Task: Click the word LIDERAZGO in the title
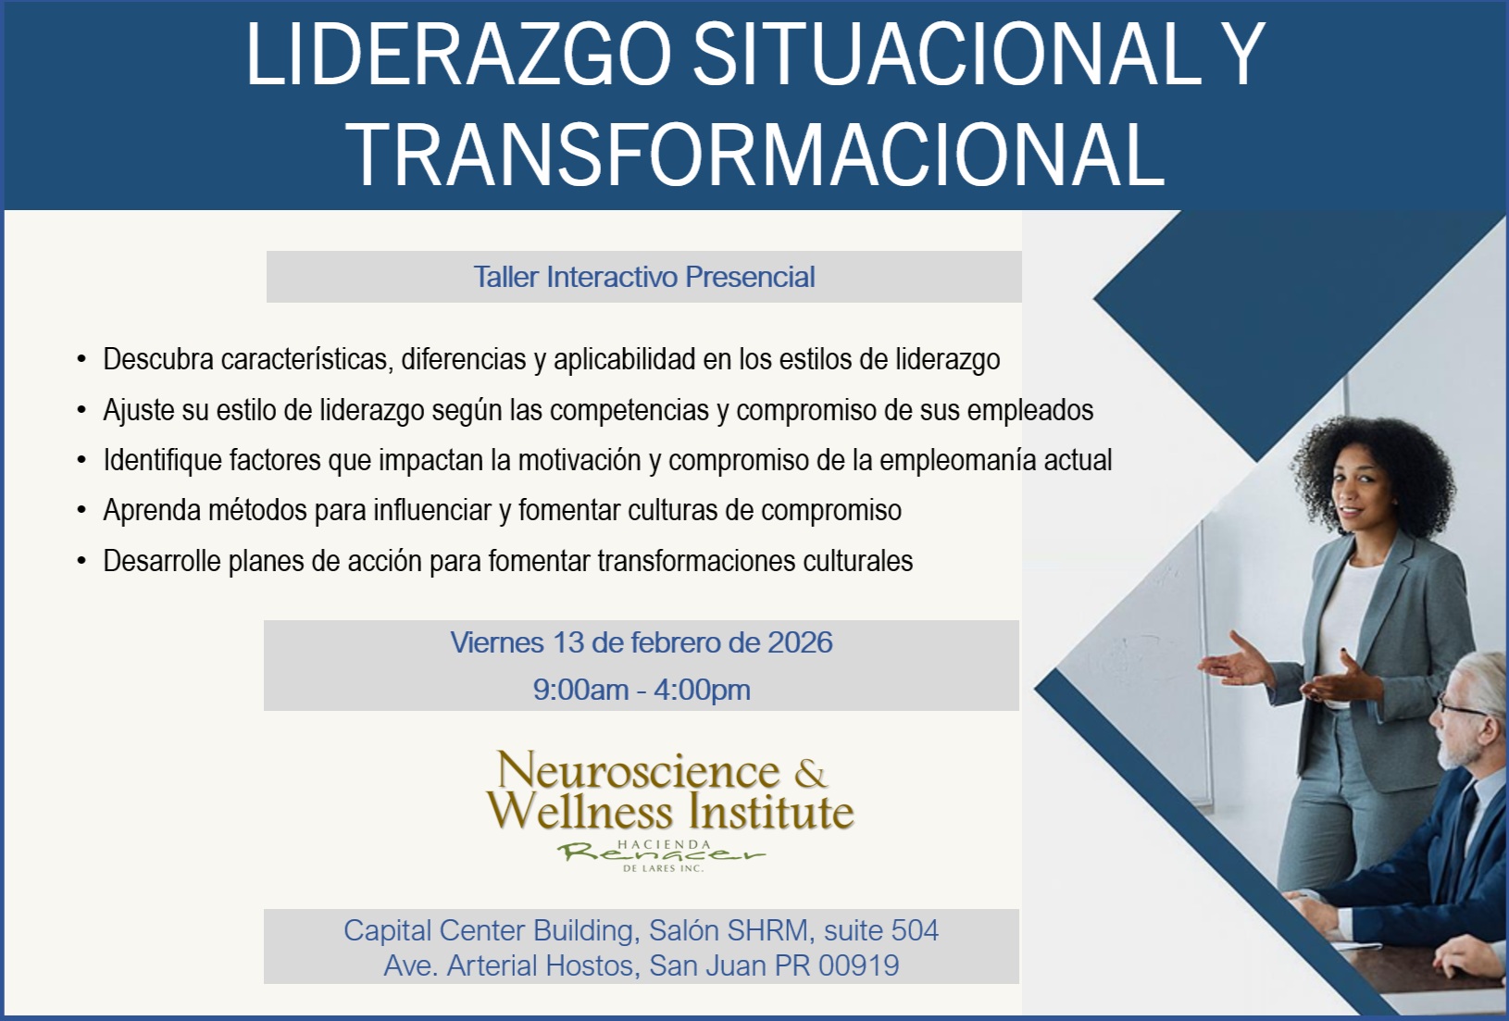pyautogui.click(x=459, y=56)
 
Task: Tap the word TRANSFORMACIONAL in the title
pyautogui.click(x=758, y=154)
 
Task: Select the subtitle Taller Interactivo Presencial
pyautogui.click(x=644, y=277)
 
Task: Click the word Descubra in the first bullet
pyautogui.click(x=158, y=359)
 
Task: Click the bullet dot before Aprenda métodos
pyautogui.click(x=81, y=511)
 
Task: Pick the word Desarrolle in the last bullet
pyautogui.click(x=162, y=561)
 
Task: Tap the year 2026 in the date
pyautogui.click(x=800, y=642)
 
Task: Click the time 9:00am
pyautogui.click(x=580, y=690)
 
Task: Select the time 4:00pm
pyautogui.click(x=702, y=690)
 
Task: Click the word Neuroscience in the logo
pyautogui.click(x=639, y=770)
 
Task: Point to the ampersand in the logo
pyautogui.click(x=810, y=773)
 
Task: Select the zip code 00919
pyautogui.click(x=859, y=965)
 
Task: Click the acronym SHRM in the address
pyautogui.click(x=767, y=930)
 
